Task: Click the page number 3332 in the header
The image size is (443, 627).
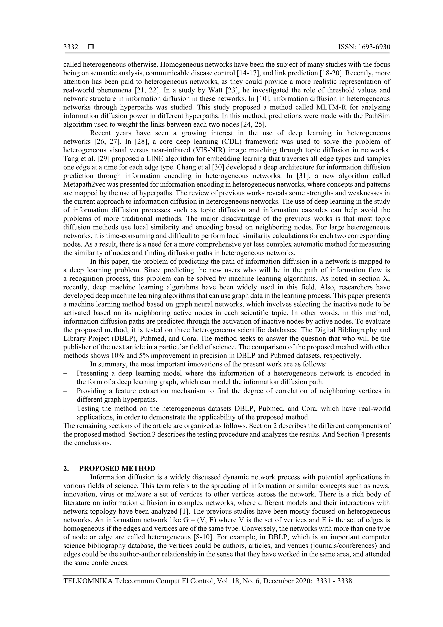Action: [71, 47]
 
